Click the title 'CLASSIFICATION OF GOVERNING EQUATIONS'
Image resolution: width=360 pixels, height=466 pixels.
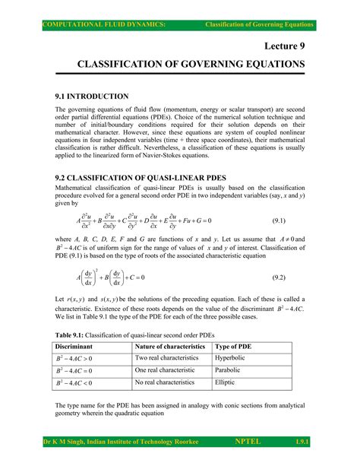click(181, 66)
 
